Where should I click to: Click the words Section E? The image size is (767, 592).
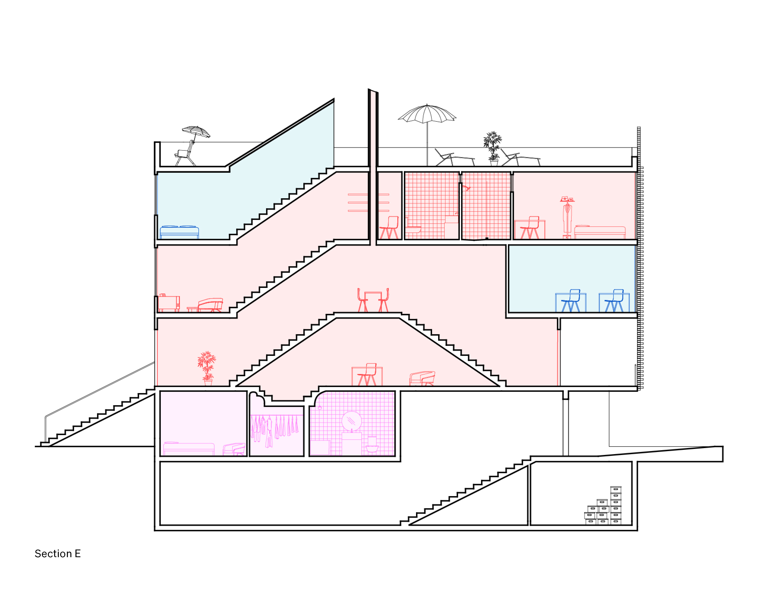coord(58,554)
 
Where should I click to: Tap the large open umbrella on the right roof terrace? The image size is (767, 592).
coord(427,114)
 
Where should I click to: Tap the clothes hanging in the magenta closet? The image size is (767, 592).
coord(275,429)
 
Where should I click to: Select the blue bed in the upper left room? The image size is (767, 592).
coord(179,232)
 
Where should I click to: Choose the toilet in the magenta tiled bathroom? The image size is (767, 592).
coord(372,446)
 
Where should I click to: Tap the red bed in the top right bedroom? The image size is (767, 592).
coord(599,232)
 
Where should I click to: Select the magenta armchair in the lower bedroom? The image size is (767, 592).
coord(234,449)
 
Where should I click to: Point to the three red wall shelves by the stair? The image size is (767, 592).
coord(368,203)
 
